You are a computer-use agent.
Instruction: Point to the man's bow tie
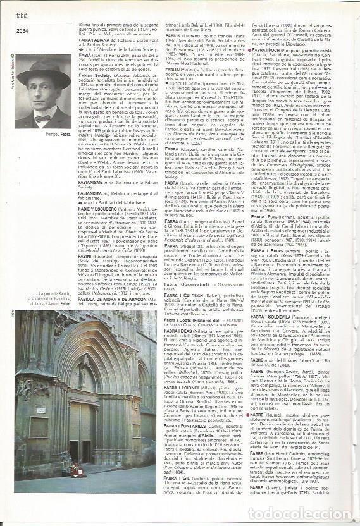(42, 118)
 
